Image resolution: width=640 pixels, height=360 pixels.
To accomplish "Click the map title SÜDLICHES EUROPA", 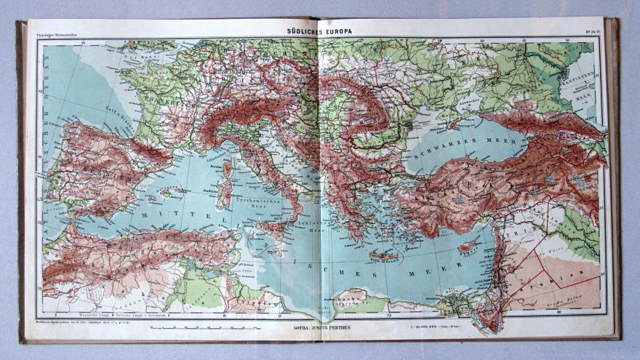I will (320, 31).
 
